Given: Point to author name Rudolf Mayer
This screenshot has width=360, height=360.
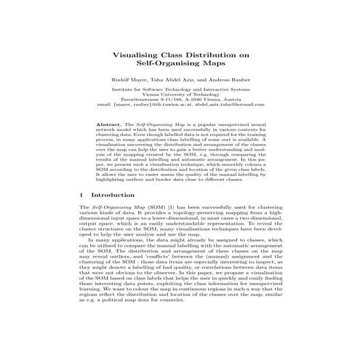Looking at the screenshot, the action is [x=134, y=78].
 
